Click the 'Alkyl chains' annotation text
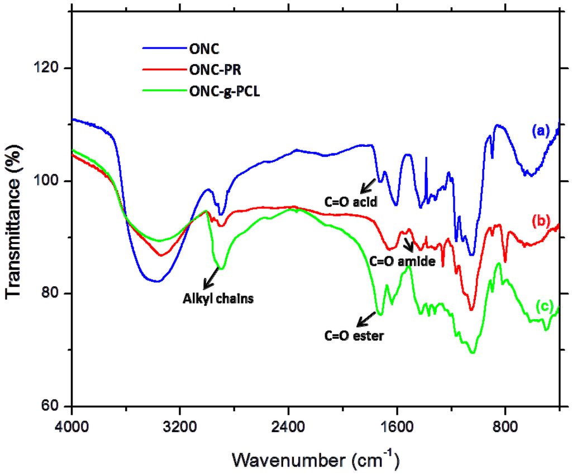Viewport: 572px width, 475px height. pyautogui.click(x=218, y=298)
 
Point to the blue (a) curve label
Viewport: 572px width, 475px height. pyautogui.click(x=541, y=132)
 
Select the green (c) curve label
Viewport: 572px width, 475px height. pyautogui.click(x=544, y=306)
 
